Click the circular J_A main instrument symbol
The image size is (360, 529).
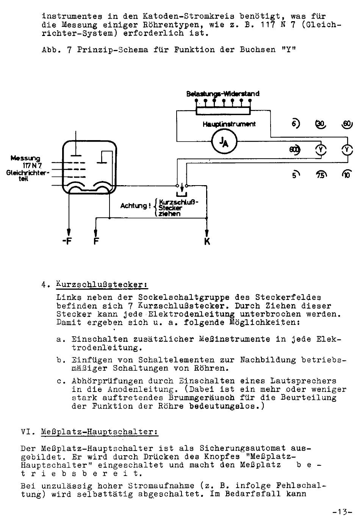tap(224, 142)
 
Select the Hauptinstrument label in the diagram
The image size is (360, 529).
tap(229, 124)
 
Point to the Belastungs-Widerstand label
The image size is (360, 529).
tap(223, 94)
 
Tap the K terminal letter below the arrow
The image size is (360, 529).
tap(207, 241)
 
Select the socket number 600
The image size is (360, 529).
tap(295, 150)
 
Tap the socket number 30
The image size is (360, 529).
tap(321, 124)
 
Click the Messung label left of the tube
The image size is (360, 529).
tap(25, 158)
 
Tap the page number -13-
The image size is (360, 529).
tap(342, 512)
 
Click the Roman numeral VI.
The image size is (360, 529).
tap(28, 432)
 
